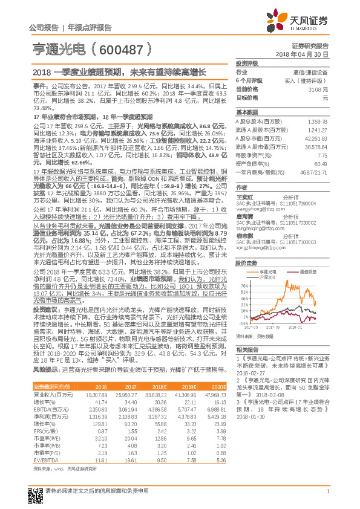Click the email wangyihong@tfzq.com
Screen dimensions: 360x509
255,209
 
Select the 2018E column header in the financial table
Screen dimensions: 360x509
157,386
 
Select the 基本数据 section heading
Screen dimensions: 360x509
247,112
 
